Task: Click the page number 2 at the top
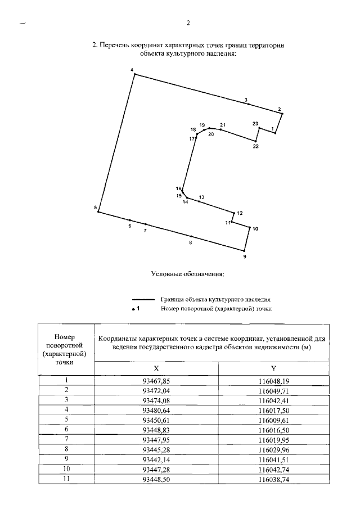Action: coord(188,24)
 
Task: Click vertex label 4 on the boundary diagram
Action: coord(132,70)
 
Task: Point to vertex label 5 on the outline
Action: coord(96,208)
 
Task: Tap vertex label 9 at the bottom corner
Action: coord(244,257)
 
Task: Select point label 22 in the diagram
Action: coord(255,146)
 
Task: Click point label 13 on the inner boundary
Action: coord(201,197)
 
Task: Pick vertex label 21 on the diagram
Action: coord(223,124)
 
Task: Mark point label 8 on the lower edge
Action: coord(191,242)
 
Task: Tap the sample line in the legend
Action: coord(143,300)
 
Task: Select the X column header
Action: coord(157,368)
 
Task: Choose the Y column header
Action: coord(273,368)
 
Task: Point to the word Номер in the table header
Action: coord(66,336)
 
